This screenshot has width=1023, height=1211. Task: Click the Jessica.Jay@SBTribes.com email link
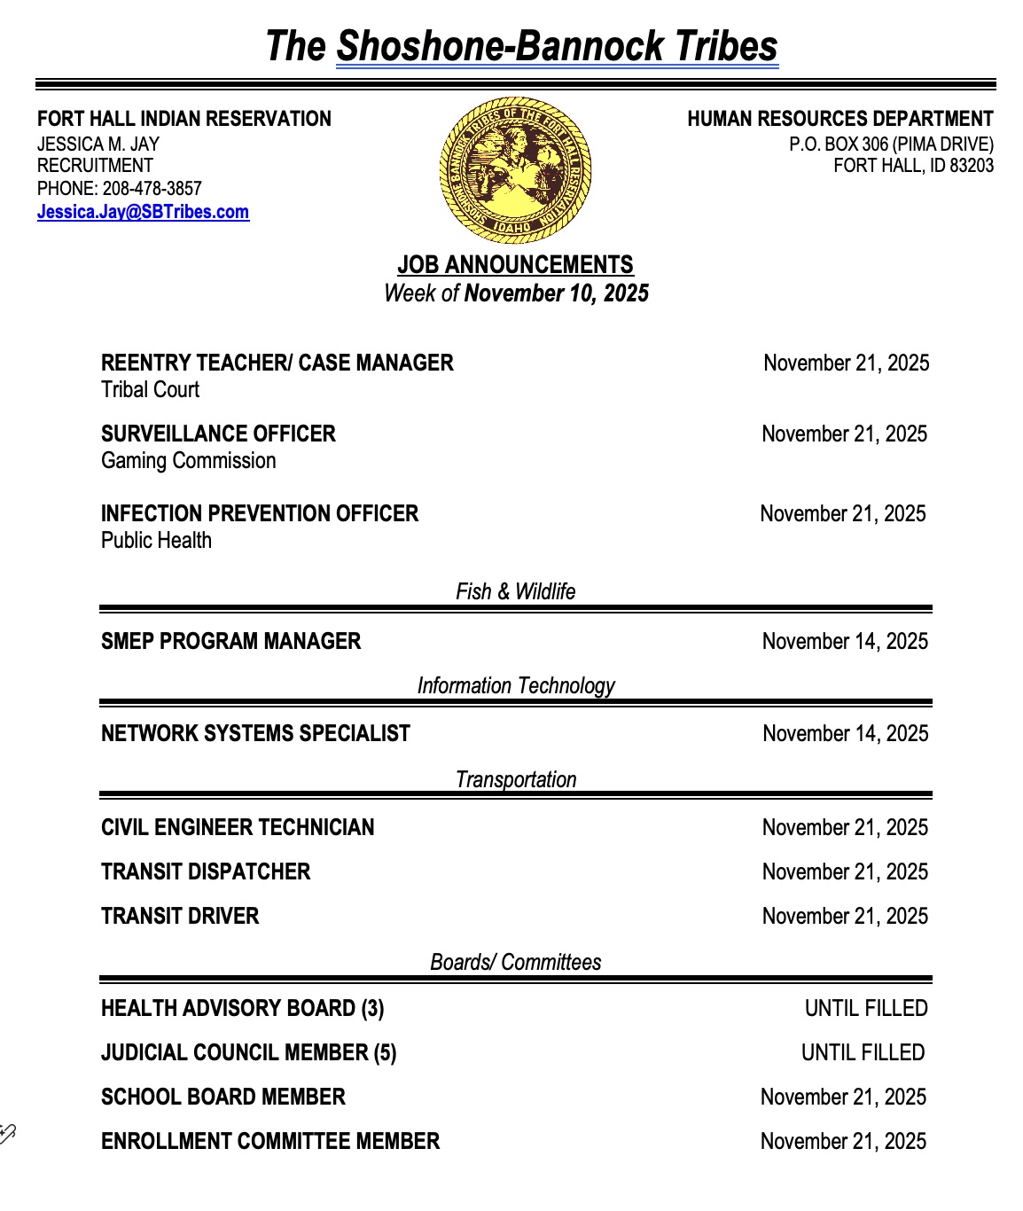click(x=143, y=212)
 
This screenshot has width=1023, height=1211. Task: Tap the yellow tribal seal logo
click(x=515, y=170)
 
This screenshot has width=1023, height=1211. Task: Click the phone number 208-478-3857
click(x=152, y=189)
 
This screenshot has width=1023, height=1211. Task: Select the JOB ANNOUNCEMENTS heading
click(x=515, y=265)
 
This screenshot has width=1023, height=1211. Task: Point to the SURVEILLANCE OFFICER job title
click(x=218, y=434)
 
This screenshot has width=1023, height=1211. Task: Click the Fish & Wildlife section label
click(x=515, y=591)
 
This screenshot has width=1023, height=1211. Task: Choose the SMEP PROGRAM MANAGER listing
click(x=230, y=641)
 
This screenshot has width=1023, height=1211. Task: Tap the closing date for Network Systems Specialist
click(x=845, y=733)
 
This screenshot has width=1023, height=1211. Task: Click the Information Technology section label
click(x=515, y=685)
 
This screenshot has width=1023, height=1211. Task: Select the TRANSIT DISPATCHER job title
click(x=206, y=871)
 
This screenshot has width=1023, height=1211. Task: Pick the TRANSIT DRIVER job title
click(x=180, y=916)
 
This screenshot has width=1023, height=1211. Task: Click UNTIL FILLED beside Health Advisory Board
click(x=865, y=1008)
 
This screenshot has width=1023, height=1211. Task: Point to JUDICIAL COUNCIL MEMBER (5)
click(x=248, y=1052)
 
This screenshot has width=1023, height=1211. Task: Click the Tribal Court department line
click(x=150, y=389)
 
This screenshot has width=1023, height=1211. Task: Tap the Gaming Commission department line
click(x=188, y=460)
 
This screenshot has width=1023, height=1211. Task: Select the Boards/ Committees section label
click(x=515, y=962)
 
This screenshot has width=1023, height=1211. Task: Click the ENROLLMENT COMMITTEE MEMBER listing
click(x=270, y=1141)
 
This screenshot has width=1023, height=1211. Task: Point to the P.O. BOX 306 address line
click(x=891, y=144)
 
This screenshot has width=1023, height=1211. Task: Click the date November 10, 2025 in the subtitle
click(x=556, y=293)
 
